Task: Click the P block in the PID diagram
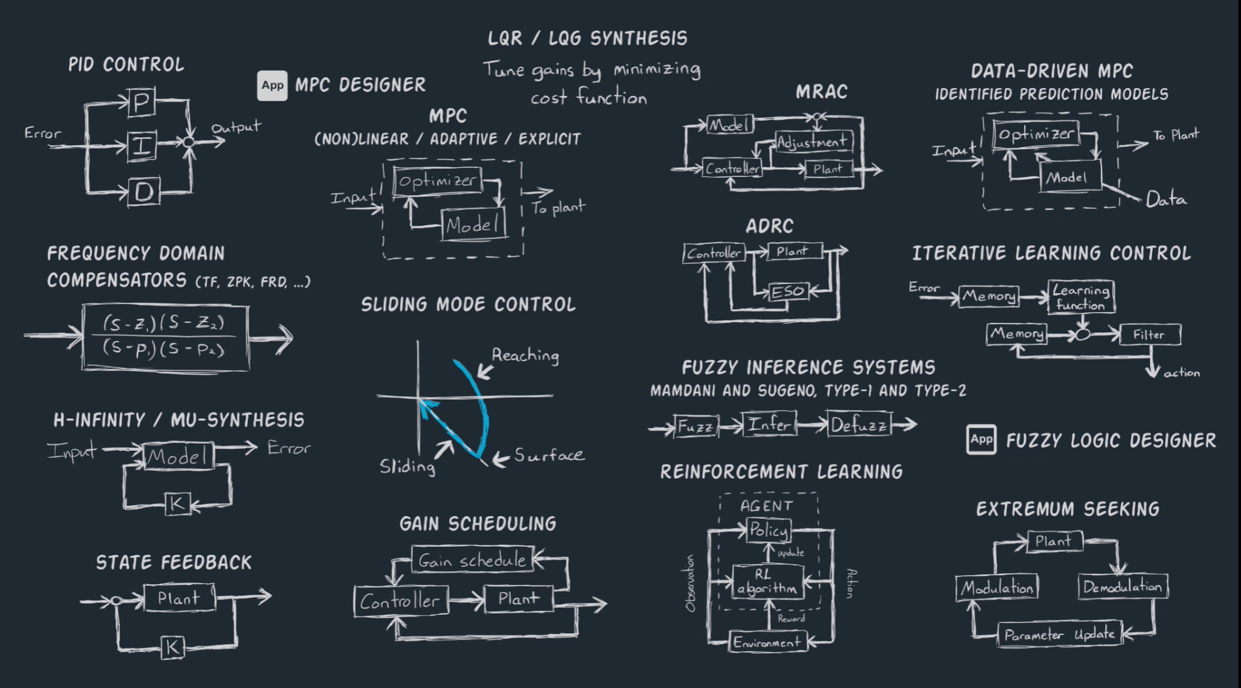[x=142, y=103]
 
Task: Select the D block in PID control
[x=143, y=191]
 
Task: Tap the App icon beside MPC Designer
[x=272, y=86]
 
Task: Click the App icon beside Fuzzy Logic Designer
[x=981, y=440]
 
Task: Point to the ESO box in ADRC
[x=788, y=291]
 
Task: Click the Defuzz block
[x=859, y=425]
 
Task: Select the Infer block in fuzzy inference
[x=769, y=425]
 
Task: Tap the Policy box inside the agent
[x=768, y=530]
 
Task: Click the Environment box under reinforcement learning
[x=767, y=642]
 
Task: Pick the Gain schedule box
[x=472, y=560]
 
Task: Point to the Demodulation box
[x=1122, y=587]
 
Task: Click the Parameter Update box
[x=1059, y=634]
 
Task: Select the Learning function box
[x=1081, y=297]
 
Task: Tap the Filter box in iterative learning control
[x=1149, y=335]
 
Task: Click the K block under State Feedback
[x=173, y=647]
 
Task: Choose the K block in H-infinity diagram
[x=177, y=504]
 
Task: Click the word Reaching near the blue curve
[x=525, y=355]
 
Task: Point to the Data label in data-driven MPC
[x=1166, y=199]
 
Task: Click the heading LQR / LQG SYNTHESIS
[x=587, y=39]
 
